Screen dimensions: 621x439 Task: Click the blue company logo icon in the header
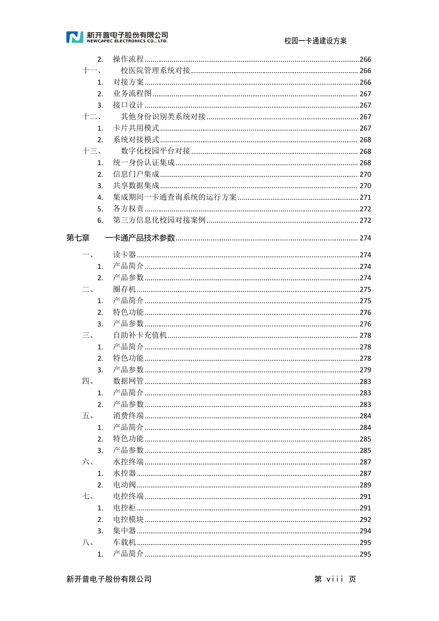75,37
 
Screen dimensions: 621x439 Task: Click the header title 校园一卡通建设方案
315,41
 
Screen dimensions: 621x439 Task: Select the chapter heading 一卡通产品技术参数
140,238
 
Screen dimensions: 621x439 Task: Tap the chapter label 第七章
78,238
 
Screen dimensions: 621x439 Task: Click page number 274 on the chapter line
365,238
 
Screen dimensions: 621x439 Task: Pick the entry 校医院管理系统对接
155,71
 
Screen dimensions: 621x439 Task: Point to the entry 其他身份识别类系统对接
163,117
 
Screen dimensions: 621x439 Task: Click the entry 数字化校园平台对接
155,151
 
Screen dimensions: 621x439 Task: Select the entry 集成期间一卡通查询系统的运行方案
175,197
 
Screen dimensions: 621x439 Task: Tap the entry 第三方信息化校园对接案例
159,220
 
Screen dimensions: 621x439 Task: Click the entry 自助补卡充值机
140,335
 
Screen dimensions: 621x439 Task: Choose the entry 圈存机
125,289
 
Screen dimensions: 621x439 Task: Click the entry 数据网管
128,381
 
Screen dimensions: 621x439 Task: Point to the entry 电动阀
125,485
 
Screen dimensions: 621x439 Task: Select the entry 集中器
125,531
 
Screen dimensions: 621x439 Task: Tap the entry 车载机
125,542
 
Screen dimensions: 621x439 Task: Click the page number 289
365,485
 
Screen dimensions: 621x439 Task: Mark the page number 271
365,198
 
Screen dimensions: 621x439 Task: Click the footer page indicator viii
335,579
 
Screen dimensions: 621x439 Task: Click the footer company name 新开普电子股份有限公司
109,579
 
